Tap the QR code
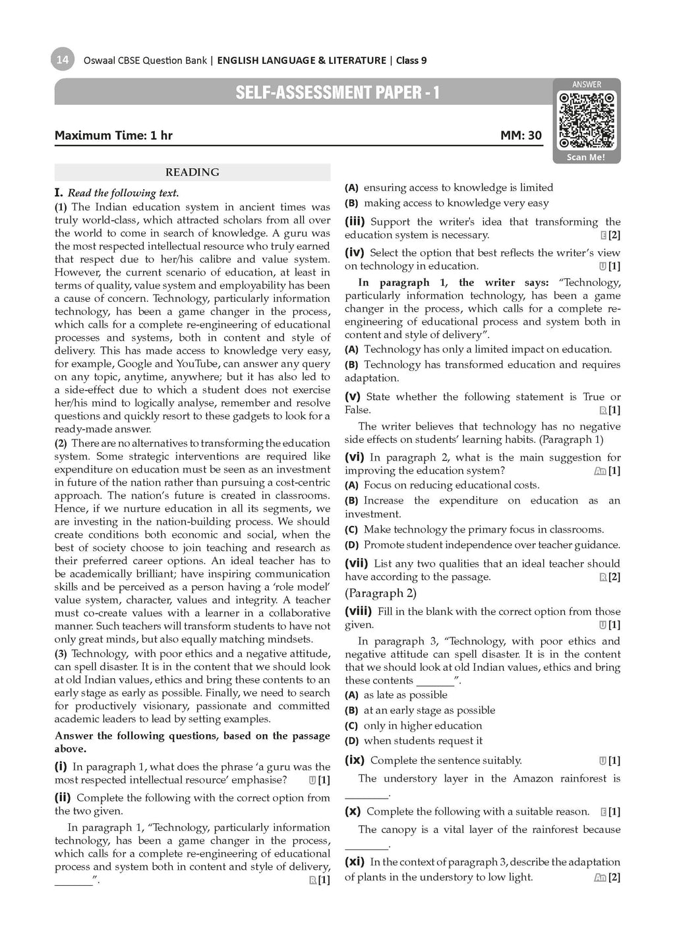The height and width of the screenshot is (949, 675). pyautogui.click(x=587, y=121)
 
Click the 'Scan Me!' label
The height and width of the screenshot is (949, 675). pyautogui.click(x=586, y=158)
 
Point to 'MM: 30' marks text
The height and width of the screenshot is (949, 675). pyautogui.click(x=521, y=136)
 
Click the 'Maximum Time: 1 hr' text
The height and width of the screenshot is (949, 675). pyautogui.click(x=113, y=136)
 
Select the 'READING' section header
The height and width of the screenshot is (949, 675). pyautogui.click(x=192, y=173)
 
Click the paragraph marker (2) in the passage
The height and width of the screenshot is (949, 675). pyautogui.click(x=61, y=444)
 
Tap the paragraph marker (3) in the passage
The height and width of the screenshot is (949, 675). pyautogui.click(x=61, y=654)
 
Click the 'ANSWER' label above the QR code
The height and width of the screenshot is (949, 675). pyautogui.click(x=586, y=84)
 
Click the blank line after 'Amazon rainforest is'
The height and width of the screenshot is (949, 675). pyautogui.click(x=373, y=793)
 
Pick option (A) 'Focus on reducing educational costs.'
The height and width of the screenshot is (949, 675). pyautogui.click(x=451, y=485)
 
